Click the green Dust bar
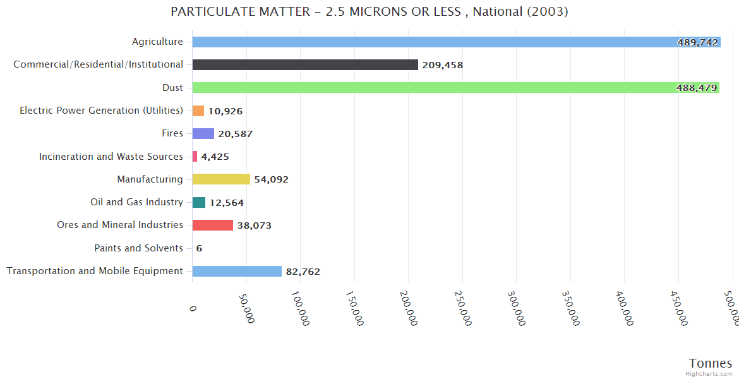455,87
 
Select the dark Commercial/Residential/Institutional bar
305,64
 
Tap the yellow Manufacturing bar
221,179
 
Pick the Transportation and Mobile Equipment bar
237,271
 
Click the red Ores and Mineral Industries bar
213,225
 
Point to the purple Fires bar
203,133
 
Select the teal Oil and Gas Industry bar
199,202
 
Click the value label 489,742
697,42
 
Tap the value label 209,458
443,65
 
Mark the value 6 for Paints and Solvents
199,248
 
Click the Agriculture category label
157,42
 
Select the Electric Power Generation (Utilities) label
101,111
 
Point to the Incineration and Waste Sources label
111,156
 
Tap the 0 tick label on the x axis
193,307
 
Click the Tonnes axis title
710,363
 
